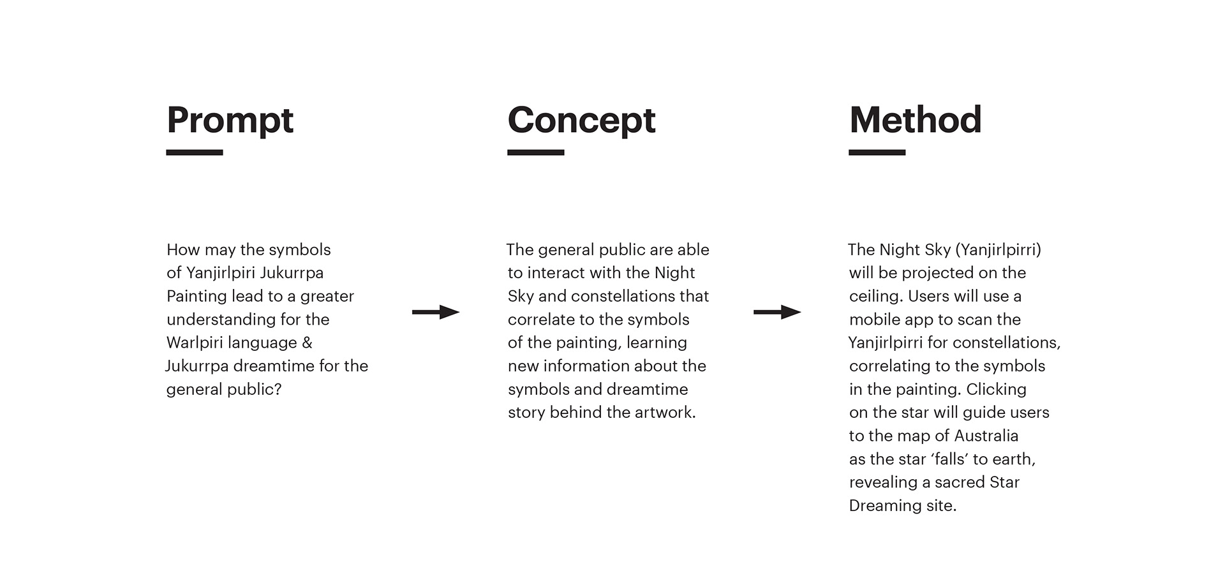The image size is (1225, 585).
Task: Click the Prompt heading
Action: (x=230, y=121)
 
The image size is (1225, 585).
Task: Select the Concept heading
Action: (x=581, y=121)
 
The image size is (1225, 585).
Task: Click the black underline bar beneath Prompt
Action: (x=195, y=152)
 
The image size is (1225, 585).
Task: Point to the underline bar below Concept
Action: (x=536, y=152)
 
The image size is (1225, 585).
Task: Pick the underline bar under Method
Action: (x=877, y=152)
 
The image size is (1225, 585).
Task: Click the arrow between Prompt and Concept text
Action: (x=436, y=312)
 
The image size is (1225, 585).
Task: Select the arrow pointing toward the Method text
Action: (x=777, y=312)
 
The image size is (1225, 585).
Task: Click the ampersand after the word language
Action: (x=308, y=343)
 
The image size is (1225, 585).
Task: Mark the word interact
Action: (x=556, y=273)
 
